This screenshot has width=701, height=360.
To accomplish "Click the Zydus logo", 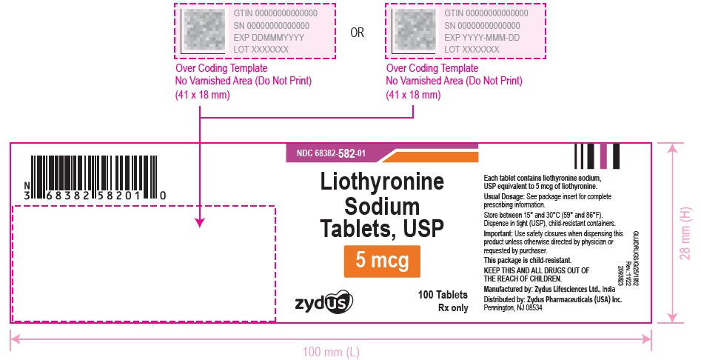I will [x=324, y=301].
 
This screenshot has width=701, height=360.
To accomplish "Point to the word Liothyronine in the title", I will [x=381, y=182].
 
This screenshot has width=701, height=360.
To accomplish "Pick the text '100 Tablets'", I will [x=443, y=295].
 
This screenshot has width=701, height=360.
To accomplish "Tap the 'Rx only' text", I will [x=453, y=308].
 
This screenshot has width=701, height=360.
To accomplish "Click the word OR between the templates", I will [x=357, y=32].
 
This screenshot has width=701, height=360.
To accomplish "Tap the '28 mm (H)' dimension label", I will [x=685, y=232].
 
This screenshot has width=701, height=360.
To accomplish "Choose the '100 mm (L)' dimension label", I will [x=331, y=351].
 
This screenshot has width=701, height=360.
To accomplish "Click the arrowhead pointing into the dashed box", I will [x=200, y=221].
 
